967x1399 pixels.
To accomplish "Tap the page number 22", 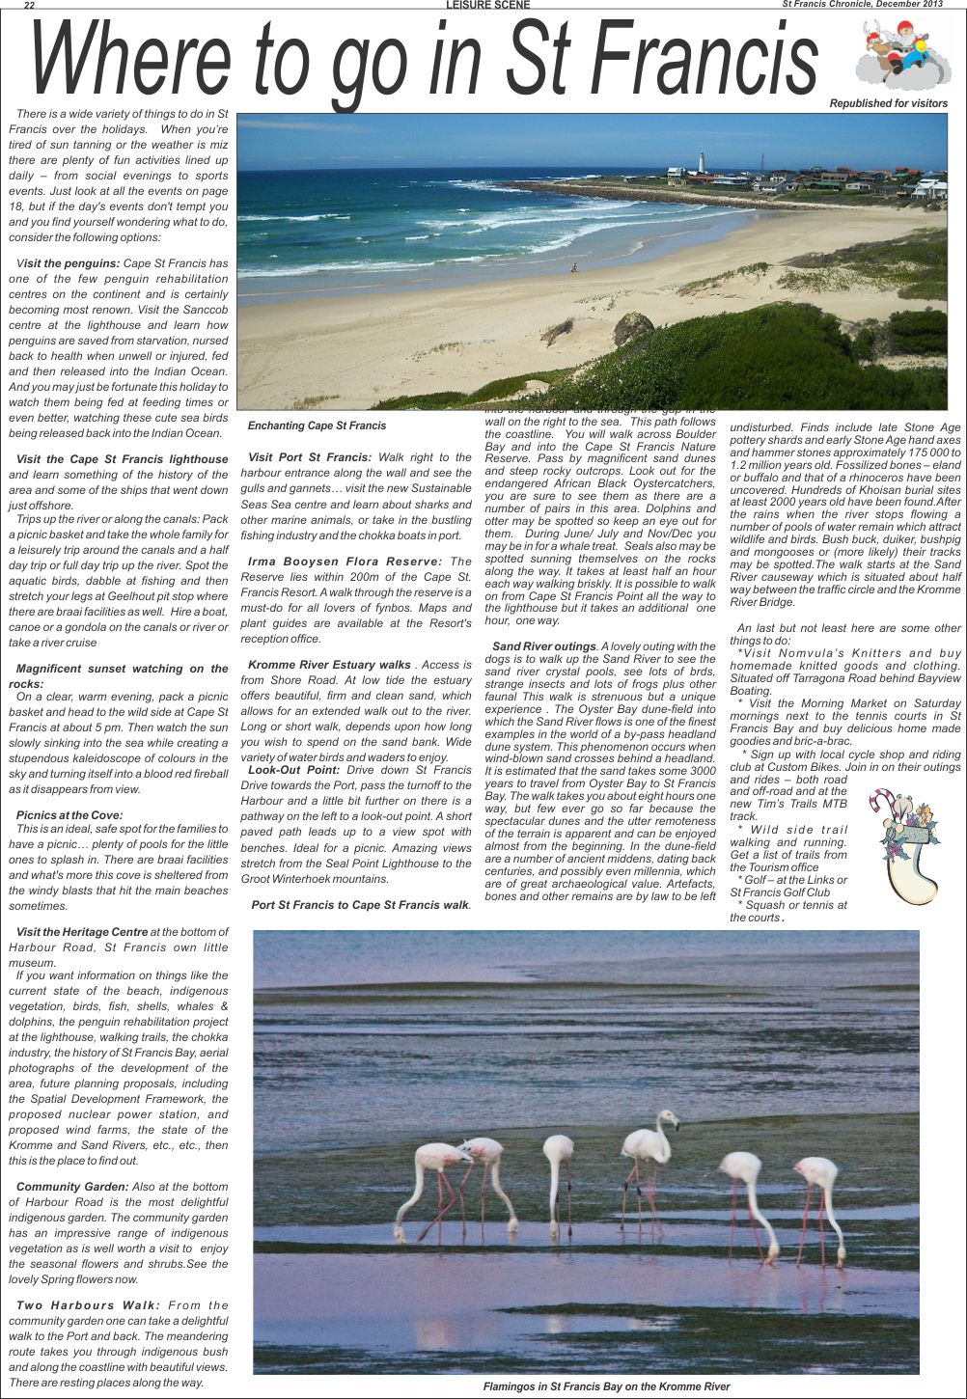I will point(29,5).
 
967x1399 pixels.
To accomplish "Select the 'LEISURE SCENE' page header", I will point(487,5).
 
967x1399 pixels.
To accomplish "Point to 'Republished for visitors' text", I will point(888,103).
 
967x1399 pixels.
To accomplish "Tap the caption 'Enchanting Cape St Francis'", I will point(317,425).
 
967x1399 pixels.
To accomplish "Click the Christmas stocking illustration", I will point(905,847).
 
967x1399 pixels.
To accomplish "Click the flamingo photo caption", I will point(606,1386).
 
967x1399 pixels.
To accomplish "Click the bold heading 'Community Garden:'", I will point(72,1187).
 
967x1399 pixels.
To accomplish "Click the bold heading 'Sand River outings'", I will point(543,646).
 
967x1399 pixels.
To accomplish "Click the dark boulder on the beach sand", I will point(632,329).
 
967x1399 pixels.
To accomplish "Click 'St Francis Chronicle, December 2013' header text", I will point(862,5).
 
